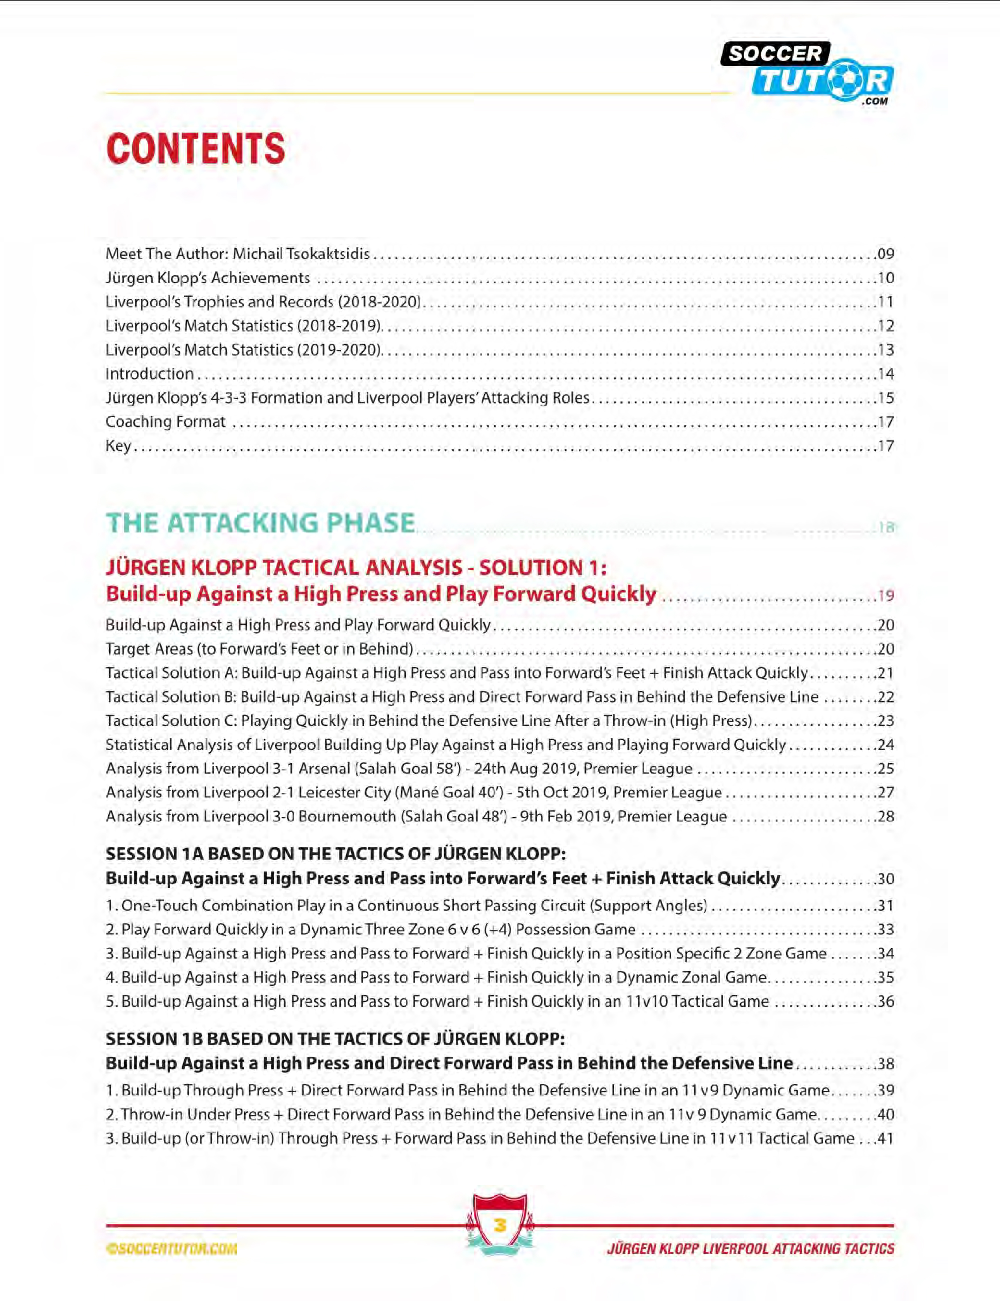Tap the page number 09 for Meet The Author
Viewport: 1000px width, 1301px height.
pyautogui.click(x=885, y=254)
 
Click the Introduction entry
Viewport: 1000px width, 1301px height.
pyautogui.click(x=149, y=374)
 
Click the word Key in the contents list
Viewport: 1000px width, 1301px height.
pyautogui.click(x=118, y=446)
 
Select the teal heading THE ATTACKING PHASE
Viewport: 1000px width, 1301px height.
pyautogui.click(x=260, y=523)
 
